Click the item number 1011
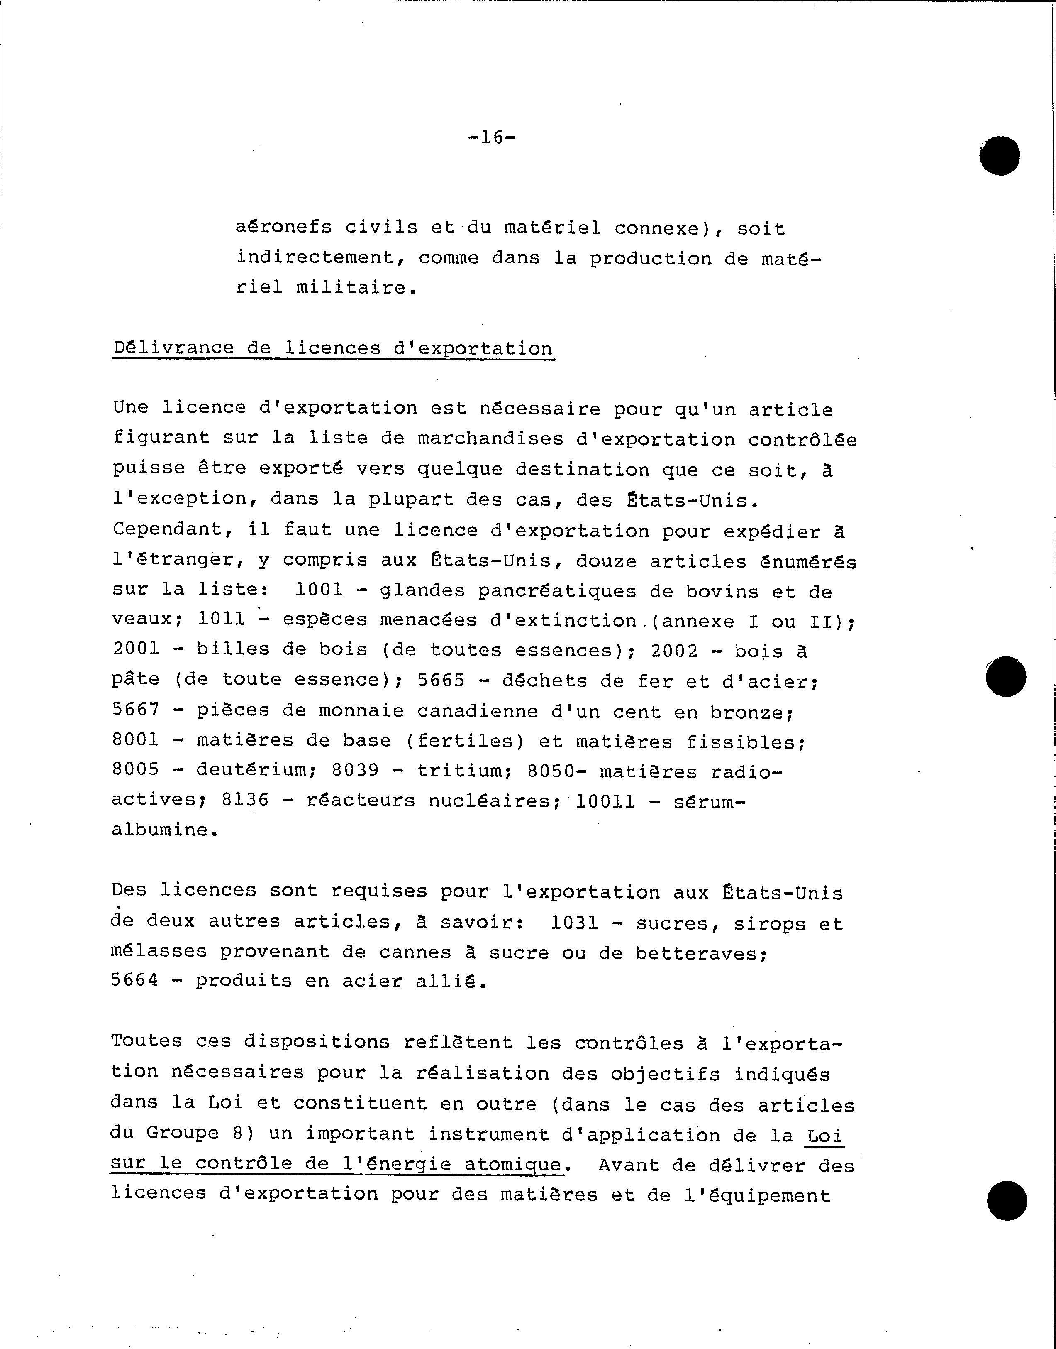coord(221,619)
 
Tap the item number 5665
coord(441,681)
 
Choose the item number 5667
coord(135,710)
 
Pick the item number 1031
coord(574,923)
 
